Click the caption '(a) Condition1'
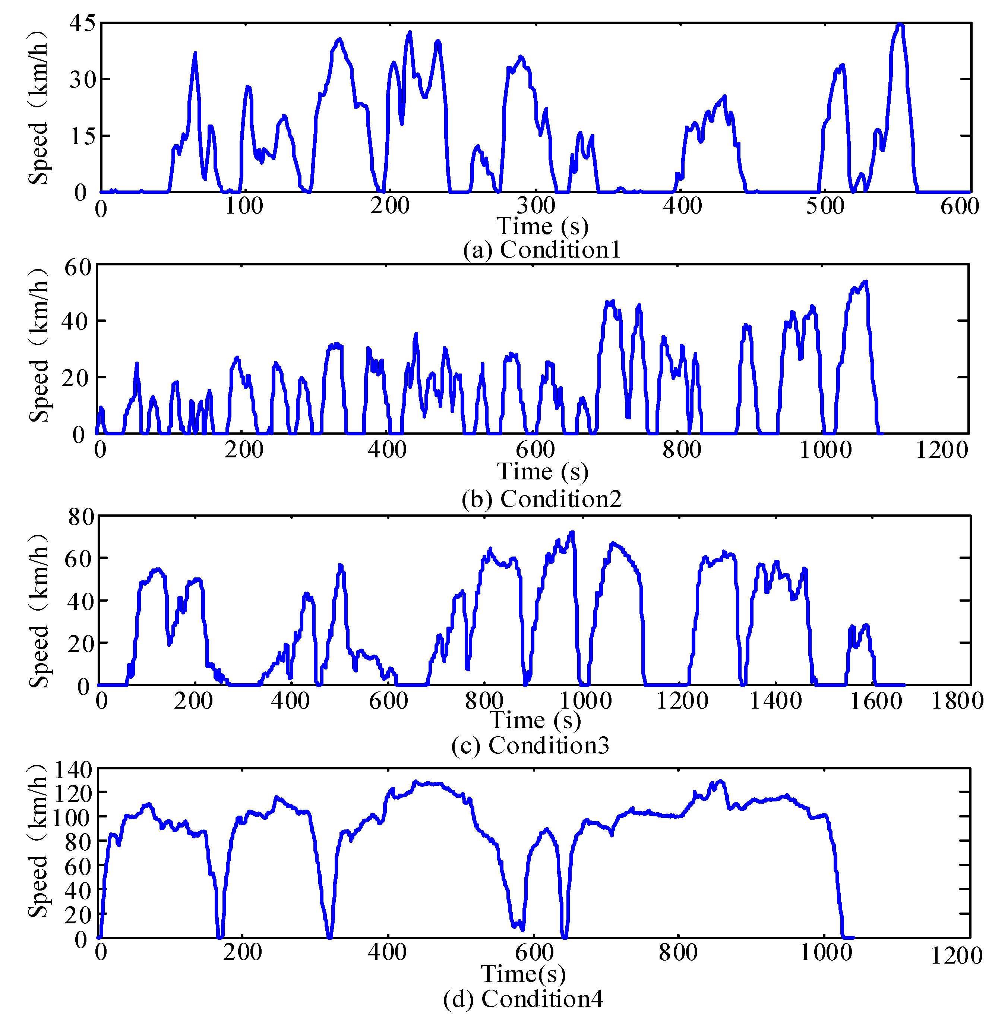coord(542,250)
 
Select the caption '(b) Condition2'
coord(542,499)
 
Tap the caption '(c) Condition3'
coord(530,745)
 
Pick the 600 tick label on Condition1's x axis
coord(960,207)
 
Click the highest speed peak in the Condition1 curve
coord(900,25)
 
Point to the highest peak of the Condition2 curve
coord(866,282)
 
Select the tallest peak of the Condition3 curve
coord(572,533)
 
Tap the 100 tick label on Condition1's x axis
coord(244,207)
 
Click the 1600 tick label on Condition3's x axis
coord(876,701)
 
